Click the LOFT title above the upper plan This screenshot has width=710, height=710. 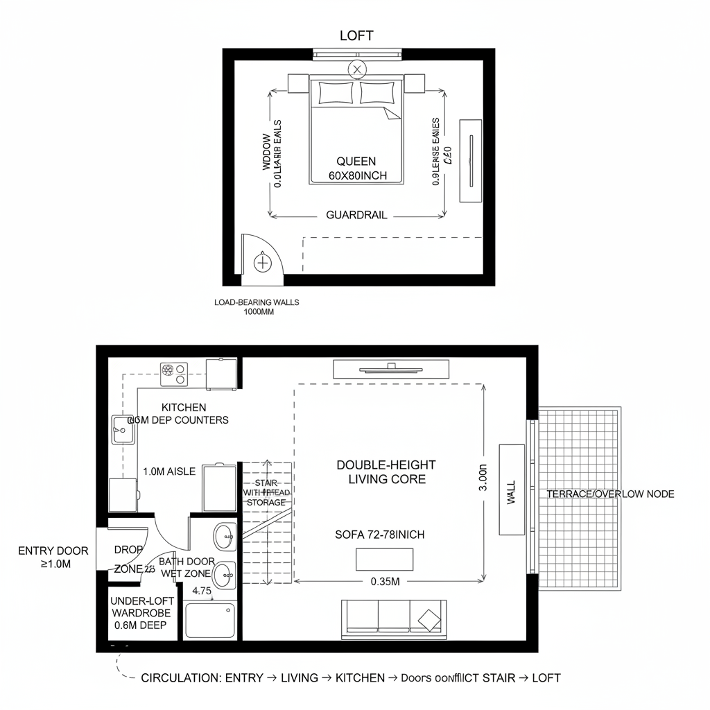click(357, 36)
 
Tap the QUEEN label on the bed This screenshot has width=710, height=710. click(356, 161)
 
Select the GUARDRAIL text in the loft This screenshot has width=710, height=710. click(356, 215)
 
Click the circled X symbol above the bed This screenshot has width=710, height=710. click(357, 69)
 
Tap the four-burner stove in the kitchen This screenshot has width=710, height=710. click(173, 374)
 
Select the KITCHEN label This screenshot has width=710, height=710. click(184, 408)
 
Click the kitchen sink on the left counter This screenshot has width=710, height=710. click(123, 430)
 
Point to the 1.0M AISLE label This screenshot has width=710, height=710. click(169, 471)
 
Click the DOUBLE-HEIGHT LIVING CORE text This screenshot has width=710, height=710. click(386, 471)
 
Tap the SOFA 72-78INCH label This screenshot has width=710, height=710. click(379, 535)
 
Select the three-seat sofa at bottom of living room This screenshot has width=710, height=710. click(393, 618)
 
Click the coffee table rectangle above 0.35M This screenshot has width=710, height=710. click(384, 558)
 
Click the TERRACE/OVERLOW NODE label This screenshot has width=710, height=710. click(610, 494)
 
